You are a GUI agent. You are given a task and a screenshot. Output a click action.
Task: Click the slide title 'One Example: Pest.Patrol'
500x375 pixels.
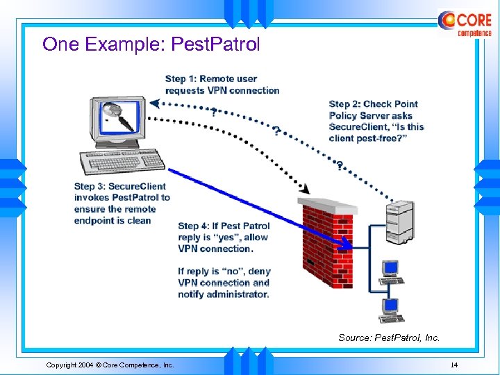click(x=151, y=44)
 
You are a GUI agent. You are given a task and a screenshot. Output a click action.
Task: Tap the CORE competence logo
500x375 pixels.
click(x=465, y=23)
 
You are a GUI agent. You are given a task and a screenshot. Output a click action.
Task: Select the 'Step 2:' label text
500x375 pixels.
click(x=344, y=104)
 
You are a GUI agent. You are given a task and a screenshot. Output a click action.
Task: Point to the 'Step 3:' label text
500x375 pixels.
click(x=90, y=186)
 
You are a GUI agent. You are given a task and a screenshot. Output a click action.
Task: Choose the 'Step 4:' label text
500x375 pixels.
click(x=194, y=226)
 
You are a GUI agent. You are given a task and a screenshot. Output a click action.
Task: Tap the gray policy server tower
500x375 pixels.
click(x=401, y=218)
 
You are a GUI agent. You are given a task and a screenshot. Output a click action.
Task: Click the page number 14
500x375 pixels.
click(x=454, y=365)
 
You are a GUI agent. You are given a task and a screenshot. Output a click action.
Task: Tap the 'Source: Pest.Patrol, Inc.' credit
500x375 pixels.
click(x=389, y=338)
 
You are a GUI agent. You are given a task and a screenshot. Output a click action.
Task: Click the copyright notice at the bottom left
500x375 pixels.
click(x=110, y=365)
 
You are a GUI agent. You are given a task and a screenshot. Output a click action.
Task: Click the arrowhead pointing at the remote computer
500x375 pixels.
click(x=154, y=104)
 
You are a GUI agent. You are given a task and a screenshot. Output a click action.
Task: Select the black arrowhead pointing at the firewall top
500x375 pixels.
click(x=303, y=187)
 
